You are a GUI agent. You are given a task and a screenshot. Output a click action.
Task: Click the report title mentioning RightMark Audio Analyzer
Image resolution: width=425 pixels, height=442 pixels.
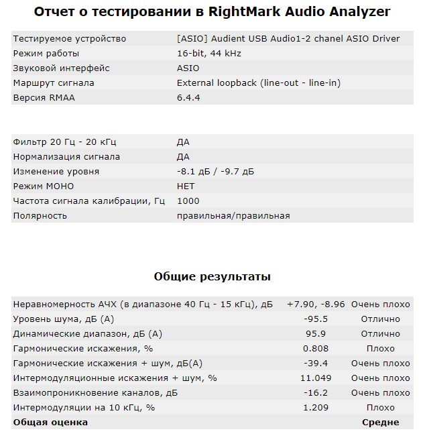click(212, 12)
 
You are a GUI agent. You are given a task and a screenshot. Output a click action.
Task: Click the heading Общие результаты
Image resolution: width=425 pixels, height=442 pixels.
click(212, 276)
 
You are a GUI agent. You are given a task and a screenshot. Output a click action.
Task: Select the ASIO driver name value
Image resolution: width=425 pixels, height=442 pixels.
click(288, 38)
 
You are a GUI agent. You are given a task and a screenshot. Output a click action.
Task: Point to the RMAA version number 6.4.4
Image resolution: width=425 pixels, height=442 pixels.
click(188, 97)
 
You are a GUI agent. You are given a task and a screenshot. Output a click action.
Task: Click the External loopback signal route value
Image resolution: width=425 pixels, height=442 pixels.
click(259, 82)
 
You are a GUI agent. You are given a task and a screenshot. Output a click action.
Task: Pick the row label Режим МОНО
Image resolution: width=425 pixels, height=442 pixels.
click(44, 186)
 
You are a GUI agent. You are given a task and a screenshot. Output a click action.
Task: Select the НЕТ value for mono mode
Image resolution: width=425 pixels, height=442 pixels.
click(186, 186)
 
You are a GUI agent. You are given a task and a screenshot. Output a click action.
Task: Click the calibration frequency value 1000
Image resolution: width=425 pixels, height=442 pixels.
click(188, 201)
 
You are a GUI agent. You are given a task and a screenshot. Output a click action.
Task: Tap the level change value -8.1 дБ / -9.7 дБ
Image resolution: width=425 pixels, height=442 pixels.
click(215, 171)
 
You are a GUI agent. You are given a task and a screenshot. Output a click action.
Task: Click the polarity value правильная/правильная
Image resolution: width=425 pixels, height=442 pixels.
click(233, 215)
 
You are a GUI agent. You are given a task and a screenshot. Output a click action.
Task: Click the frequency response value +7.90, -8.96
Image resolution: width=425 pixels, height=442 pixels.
click(316, 304)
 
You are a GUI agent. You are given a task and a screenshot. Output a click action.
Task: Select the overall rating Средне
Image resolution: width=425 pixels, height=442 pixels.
click(380, 422)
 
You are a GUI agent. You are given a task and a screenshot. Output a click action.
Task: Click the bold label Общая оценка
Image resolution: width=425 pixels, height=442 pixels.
click(50, 422)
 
